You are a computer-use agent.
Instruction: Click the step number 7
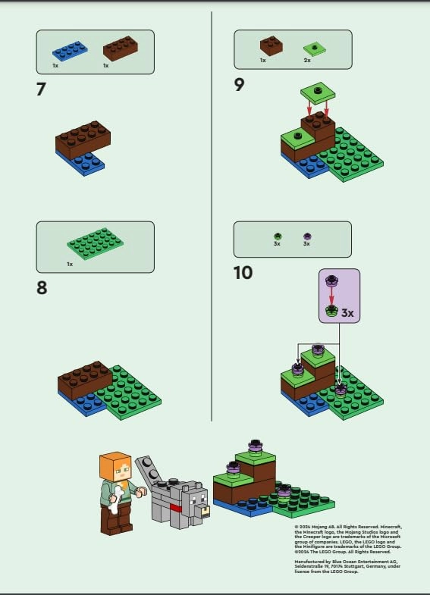(41, 89)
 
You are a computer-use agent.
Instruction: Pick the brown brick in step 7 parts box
(121, 47)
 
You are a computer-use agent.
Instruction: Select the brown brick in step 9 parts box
(271, 45)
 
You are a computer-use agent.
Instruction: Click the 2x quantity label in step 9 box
(307, 60)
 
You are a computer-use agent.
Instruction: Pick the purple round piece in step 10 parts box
(307, 236)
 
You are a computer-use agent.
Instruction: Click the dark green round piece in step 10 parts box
(278, 236)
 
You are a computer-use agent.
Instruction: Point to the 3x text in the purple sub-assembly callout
(347, 312)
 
